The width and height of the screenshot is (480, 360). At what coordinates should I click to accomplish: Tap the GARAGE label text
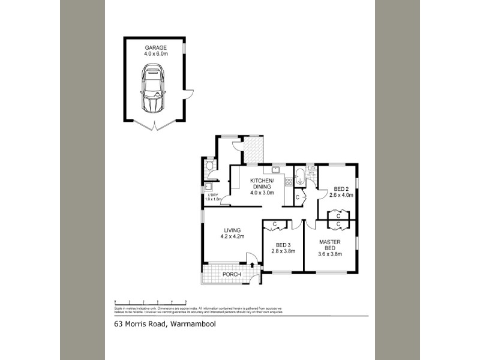tap(155, 49)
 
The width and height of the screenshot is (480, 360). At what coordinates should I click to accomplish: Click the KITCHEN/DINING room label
tap(262, 187)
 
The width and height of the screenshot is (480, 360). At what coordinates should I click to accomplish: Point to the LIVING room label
tap(233, 233)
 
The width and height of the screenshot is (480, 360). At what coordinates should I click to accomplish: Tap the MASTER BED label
tap(329, 247)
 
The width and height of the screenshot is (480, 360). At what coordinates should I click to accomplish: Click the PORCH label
tap(231, 275)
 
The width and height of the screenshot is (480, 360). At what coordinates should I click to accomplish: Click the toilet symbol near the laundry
tap(209, 166)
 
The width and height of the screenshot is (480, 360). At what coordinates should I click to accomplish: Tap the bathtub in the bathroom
tap(299, 178)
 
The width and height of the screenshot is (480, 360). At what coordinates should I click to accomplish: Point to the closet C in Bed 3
tap(274, 224)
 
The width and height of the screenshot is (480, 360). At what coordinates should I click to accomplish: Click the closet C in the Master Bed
tap(339, 224)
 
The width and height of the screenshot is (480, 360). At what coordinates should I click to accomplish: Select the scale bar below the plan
tap(151, 302)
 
